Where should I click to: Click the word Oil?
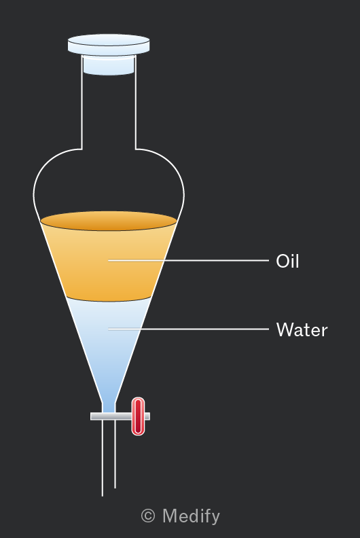click(x=287, y=261)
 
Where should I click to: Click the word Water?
click(x=302, y=329)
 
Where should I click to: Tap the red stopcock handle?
click(x=138, y=416)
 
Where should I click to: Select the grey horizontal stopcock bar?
click(x=120, y=416)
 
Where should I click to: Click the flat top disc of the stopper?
click(x=109, y=45)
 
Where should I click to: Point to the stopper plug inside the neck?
click(x=109, y=65)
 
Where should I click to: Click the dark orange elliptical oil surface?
click(x=109, y=221)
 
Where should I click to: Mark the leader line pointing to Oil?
click(x=188, y=260)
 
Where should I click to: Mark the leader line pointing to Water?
click(x=188, y=329)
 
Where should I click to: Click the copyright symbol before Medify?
click(x=148, y=516)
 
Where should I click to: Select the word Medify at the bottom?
click(x=191, y=516)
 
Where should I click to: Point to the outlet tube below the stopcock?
click(x=109, y=456)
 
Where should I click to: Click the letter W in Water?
click(x=285, y=329)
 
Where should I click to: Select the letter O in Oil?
click(x=282, y=262)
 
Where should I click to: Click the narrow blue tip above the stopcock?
click(x=109, y=408)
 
